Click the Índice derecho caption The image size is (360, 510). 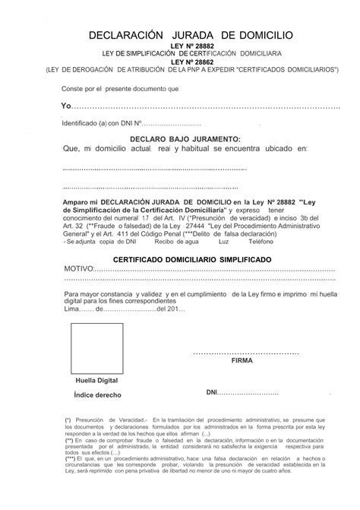pyautogui.click(x=97, y=396)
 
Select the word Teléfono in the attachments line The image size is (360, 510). pyautogui.click(x=261, y=242)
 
